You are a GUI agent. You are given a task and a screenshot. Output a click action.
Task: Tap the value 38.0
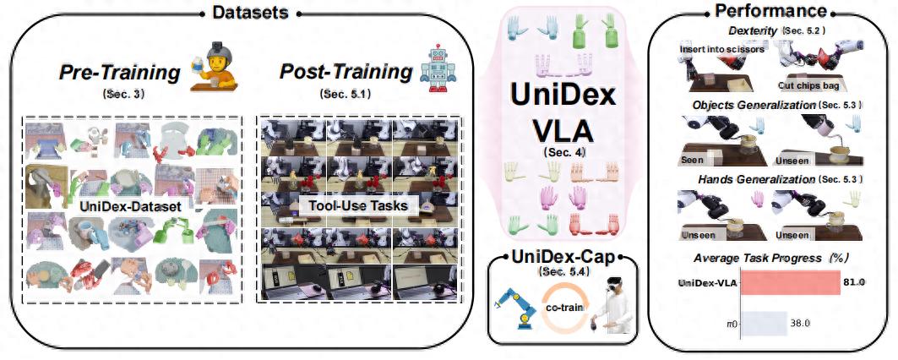[799, 323]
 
